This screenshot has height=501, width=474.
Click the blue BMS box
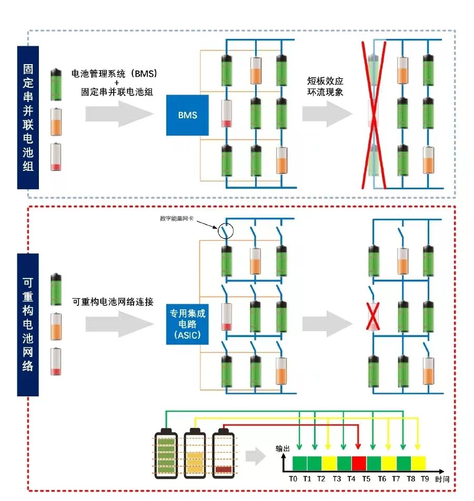click(187, 115)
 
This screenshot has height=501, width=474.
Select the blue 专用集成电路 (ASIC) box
click(187, 323)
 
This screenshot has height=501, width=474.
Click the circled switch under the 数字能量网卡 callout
click(225, 231)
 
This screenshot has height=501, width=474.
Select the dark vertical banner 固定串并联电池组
click(28, 118)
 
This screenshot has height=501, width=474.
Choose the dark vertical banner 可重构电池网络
click(28, 324)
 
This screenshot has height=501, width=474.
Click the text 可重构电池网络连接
click(113, 302)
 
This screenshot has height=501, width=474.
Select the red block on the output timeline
click(359, 463)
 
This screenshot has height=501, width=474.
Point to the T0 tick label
click(293, 479)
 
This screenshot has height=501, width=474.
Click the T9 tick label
click(425, 479)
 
